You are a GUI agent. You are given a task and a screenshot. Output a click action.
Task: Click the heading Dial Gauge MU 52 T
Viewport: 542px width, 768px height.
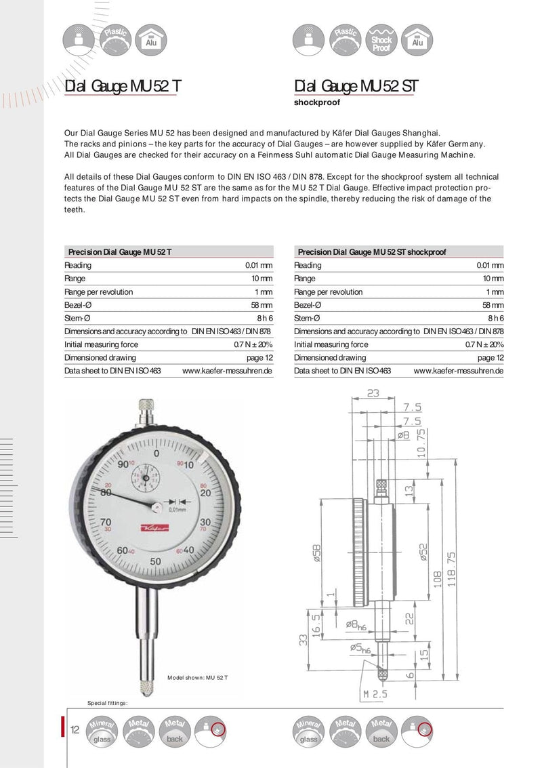(x=123, y=87)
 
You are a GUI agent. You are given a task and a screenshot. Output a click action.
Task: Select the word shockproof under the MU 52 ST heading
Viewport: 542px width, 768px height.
(x=317, y=103)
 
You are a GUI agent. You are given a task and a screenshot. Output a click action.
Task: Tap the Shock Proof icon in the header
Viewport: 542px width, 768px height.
(x=381, y=40)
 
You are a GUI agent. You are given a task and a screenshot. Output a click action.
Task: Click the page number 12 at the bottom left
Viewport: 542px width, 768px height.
(x=75, y=730)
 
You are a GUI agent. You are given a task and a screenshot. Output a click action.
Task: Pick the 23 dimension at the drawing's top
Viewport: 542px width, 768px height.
(x=373, y=392)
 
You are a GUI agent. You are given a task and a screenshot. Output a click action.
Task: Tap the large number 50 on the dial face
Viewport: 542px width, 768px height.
(x=155, y=561)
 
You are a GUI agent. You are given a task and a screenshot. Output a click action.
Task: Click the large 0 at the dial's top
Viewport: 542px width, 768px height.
(x=157, y=453)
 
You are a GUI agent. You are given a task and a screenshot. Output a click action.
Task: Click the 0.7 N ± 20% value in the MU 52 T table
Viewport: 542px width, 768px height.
(x=253, y=344)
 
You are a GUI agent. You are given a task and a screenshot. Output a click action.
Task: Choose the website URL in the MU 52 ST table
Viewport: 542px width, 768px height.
(x=458, y=371)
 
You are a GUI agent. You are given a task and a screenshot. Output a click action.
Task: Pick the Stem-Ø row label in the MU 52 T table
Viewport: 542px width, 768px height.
(x=78, y=318)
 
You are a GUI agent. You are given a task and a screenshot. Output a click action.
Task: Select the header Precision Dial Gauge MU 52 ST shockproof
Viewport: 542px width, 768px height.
(x=372, y=251)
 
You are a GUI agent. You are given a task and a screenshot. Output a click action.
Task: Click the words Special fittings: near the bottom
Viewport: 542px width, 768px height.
(x=108, y=703)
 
